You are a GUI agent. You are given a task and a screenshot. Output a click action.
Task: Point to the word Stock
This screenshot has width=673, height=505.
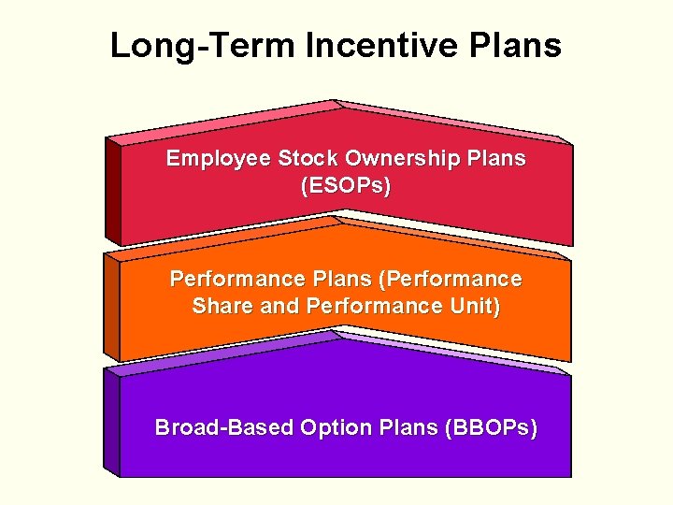(x=307, y=159)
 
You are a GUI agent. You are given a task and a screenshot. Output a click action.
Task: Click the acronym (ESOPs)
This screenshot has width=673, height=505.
(x=346, y=186)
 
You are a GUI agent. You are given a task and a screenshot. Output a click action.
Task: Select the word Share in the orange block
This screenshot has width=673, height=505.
(x=220, y=307)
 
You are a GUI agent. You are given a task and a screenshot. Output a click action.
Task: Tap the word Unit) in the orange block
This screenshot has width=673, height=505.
(x=474, y=307)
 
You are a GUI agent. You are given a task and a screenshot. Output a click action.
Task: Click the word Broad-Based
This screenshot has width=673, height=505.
(x=224, y=428)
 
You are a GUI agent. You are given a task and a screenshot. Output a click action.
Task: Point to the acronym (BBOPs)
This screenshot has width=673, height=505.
(x=493, y=428)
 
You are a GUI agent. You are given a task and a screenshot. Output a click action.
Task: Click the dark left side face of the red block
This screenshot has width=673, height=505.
(x=113, y=192)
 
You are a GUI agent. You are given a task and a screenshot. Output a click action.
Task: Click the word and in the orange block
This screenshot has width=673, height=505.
(x=278, y=307)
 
